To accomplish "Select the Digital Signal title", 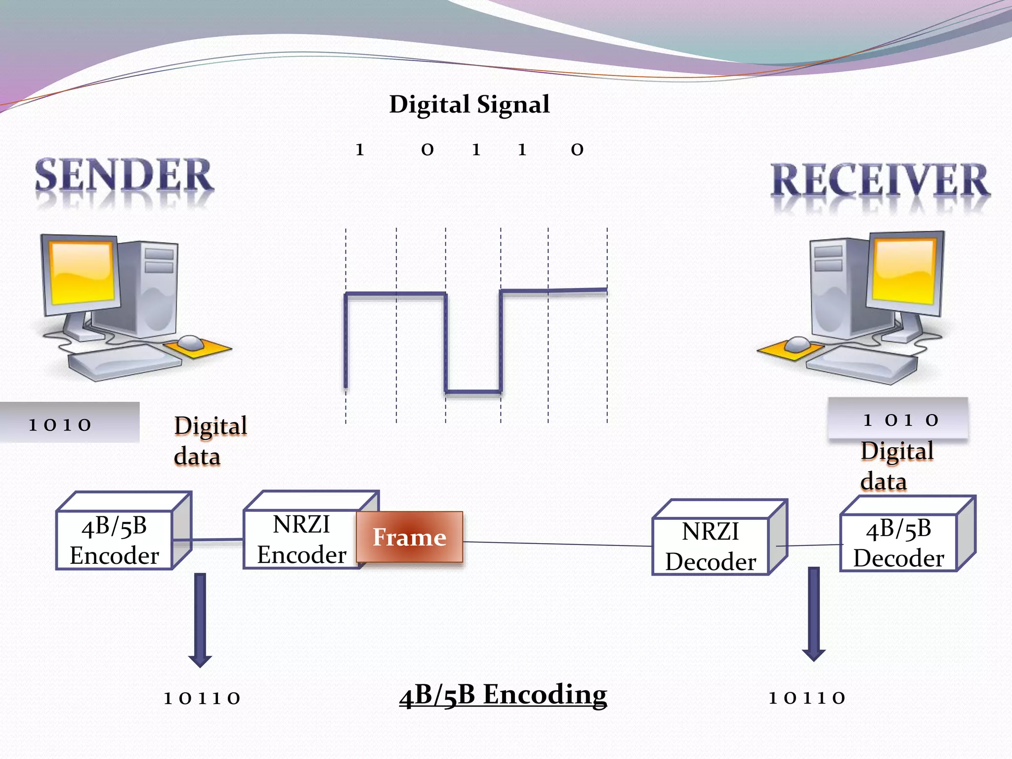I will pos(469,104).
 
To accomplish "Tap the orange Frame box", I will pos(410,537).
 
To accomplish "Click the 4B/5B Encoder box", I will pos(115,540).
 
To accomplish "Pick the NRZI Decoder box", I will pos(711,546).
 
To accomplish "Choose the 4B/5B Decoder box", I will pos(899,543).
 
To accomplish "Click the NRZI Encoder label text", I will pos(301,540).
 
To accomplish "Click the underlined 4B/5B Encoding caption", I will pos(503,695).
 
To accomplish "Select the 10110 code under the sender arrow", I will pos(202,698).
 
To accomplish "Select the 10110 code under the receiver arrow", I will pos(807,698).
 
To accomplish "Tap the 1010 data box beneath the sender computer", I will pos(69,423).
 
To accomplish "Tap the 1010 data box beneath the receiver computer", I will pos(898,419).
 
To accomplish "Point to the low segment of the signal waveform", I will pos(473,392).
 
